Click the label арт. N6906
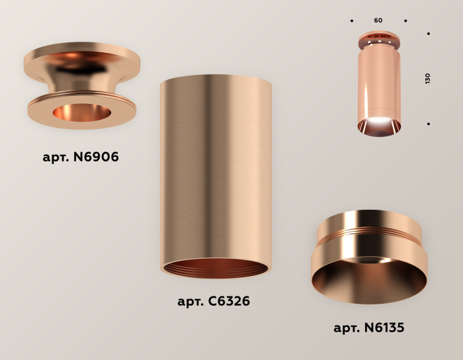coord(81,157)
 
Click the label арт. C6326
coord(214,302)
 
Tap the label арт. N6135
coord(368,328)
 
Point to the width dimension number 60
coord(378,21)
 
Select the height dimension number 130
coord(427,78)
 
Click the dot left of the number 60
coord(352,21)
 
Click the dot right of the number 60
coord(405,21)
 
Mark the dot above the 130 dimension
coord(429,33)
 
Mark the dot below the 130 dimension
coord(429,124)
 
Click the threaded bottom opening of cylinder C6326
coord(216,267)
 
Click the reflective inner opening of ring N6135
coord(369,278)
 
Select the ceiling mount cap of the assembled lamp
coord(378,39)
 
